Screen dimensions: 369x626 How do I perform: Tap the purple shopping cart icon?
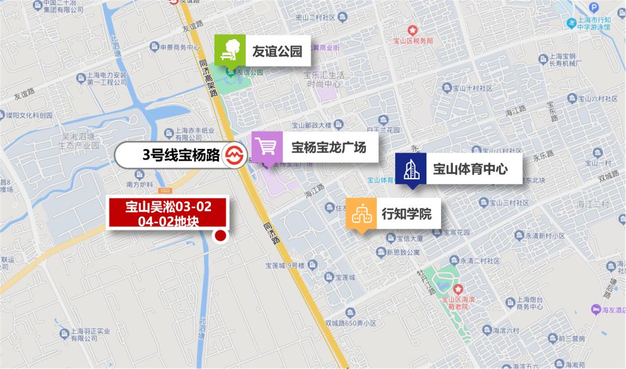click(267, 147)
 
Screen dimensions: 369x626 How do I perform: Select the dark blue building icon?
click(411, 168)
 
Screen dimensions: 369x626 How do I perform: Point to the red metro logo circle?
click(234, 155)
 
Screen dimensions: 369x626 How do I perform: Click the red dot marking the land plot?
click(220, 236)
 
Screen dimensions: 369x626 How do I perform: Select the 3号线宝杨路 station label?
click(181, 155)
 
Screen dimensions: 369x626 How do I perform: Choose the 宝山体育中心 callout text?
click(470, 169)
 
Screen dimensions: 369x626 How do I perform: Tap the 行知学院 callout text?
click(406, 214)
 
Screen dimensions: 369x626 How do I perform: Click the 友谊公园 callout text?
click(277, 51)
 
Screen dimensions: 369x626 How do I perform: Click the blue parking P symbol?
click(593, 8)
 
